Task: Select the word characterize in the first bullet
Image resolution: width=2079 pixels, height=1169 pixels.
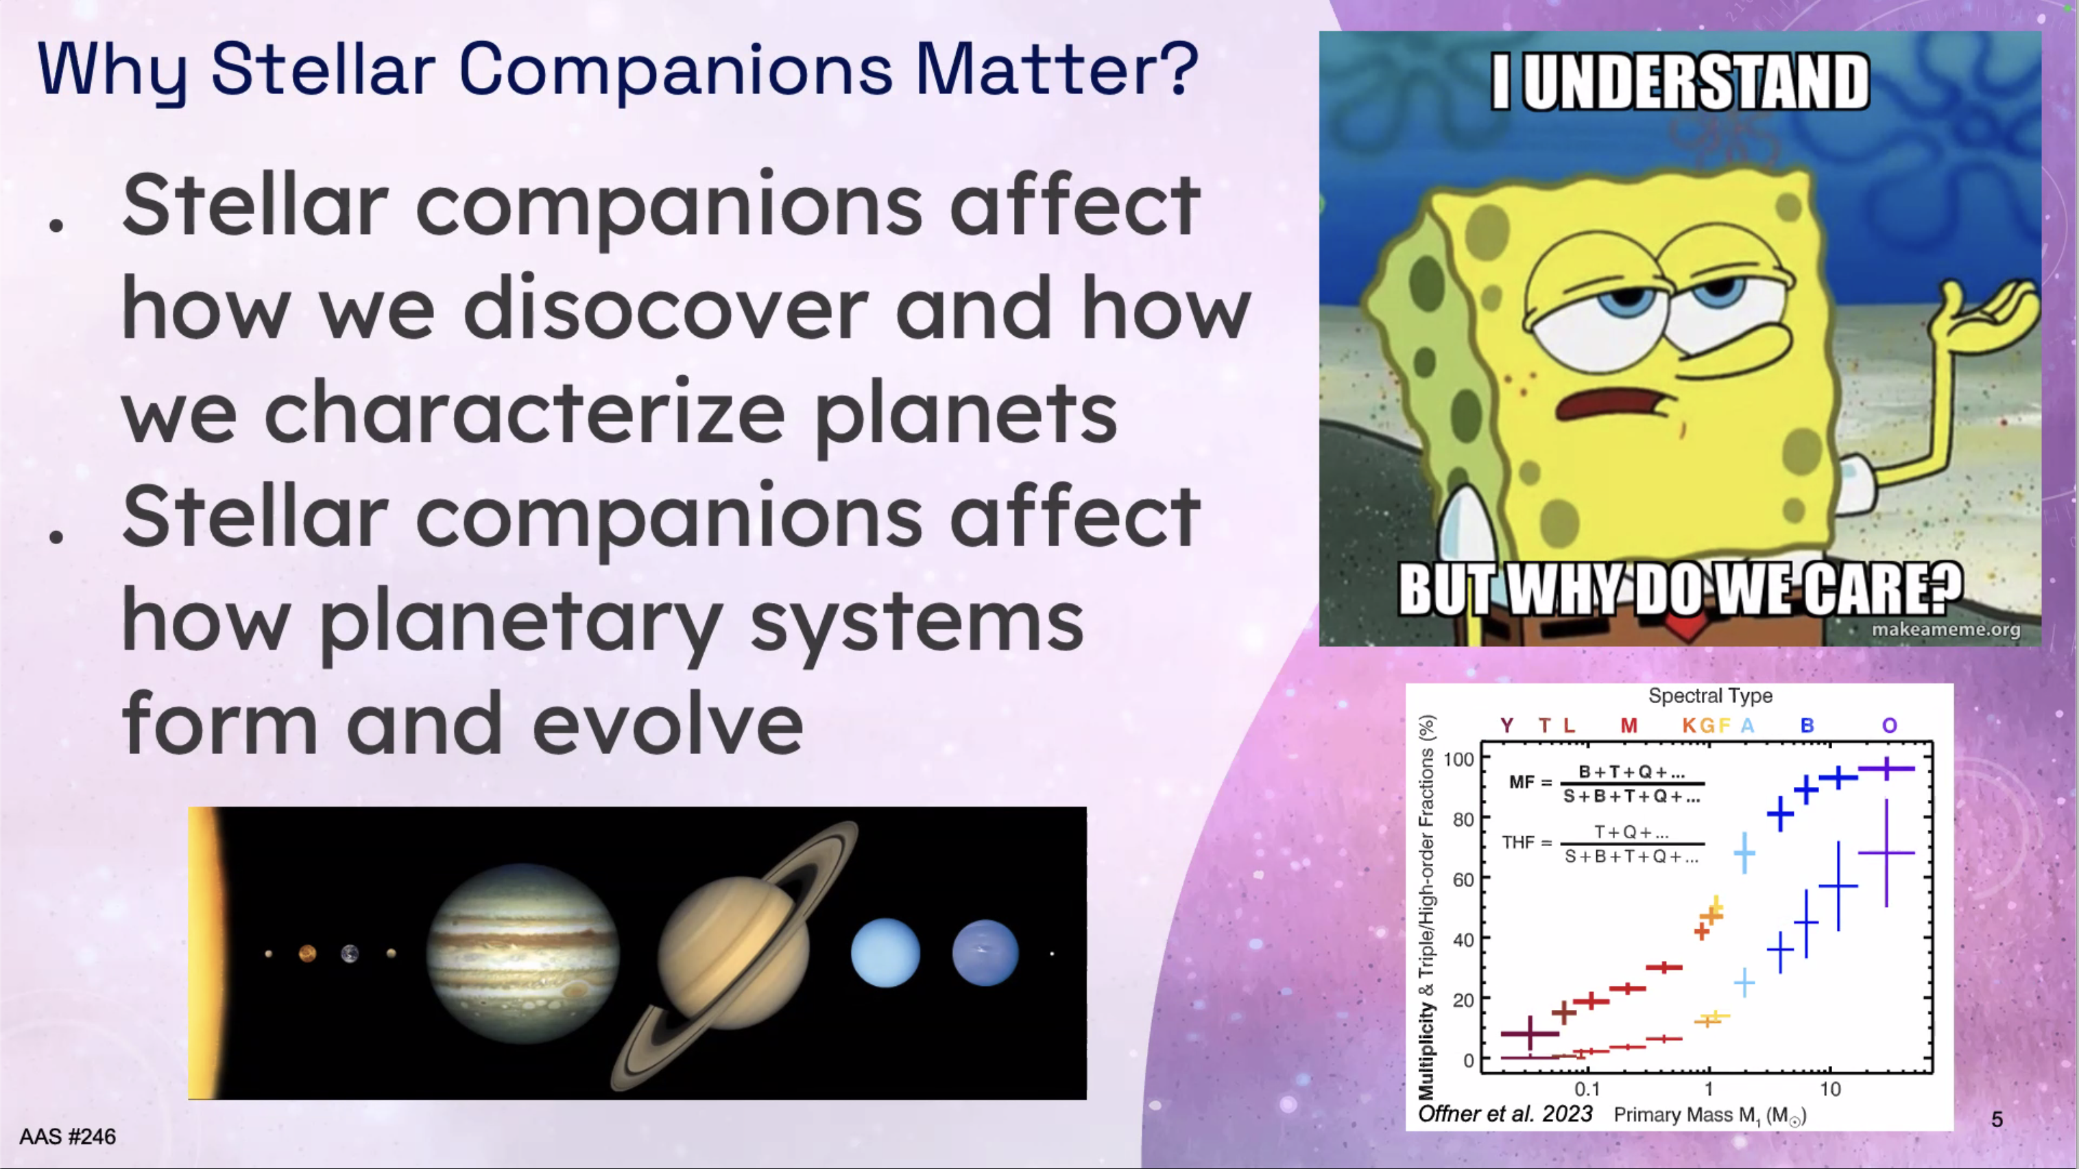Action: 525,412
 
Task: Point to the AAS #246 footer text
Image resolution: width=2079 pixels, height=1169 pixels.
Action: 68,1137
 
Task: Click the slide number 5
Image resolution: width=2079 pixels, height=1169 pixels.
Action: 1997,1119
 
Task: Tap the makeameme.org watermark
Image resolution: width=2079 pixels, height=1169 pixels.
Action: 1946,629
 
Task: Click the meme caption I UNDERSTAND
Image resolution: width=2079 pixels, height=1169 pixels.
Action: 1679,81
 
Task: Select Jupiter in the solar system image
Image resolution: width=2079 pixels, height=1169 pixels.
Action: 522,954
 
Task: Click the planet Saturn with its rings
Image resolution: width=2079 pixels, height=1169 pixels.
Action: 733,954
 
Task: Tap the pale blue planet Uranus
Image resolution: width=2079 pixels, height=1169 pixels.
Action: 885,953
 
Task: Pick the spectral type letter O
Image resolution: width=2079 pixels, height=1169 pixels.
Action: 1889,725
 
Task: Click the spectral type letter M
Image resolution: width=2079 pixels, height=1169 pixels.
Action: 1629,725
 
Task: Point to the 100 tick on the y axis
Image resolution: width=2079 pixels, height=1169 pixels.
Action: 1458,759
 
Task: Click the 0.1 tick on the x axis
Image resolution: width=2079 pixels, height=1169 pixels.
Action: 1587,1089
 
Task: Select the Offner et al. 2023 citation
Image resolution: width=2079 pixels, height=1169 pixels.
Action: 1505,1114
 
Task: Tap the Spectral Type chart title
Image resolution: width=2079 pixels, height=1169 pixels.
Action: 1710,695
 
